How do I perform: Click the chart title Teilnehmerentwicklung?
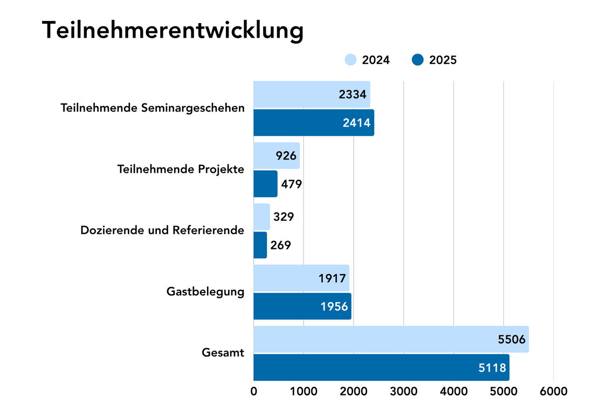point(173,31)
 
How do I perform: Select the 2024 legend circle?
point(351,60)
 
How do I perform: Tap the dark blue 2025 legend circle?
point(418,60)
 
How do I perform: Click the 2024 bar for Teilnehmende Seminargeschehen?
point(312,94)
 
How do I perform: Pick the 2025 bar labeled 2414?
point(313,123)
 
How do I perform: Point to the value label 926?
point(286,156)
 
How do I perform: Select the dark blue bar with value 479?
point(265,184)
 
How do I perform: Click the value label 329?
point(284,217)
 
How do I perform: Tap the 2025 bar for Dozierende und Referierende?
point(260,245)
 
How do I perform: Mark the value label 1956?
point(334,306)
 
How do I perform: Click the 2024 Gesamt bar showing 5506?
point(391,339)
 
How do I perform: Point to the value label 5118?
point(493,368)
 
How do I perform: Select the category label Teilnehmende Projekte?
point(181,169)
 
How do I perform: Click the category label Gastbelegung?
point(205,292)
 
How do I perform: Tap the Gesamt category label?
point(223,353)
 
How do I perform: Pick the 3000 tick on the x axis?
point(403,392)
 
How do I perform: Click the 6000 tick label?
point(554,392)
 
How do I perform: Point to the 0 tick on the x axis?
point(253,392)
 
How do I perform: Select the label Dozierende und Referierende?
point(162,231)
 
